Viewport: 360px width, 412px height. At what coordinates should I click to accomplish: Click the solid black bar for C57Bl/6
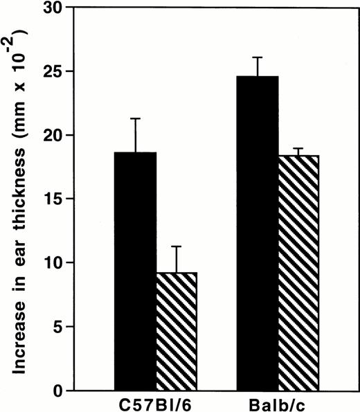pyautogui.click(x=136, y=271)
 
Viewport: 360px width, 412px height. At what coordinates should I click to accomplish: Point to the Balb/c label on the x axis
pyautogui.click(x=278, y=402)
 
